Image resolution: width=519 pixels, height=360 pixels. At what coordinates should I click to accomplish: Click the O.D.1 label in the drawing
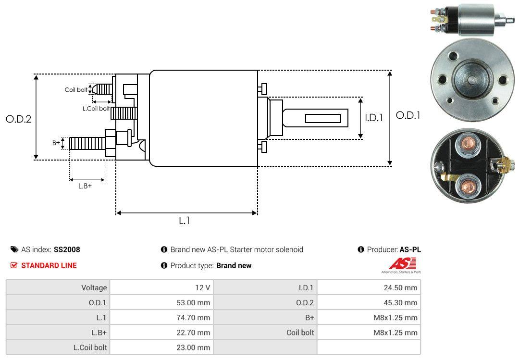[x=408, y=115]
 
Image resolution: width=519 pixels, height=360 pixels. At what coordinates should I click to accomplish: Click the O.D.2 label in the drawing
[x=18, y=119]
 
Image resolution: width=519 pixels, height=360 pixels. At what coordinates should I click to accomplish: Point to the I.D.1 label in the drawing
[x=373, y=117]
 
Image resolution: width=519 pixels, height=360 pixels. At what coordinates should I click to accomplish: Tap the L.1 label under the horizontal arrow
[x=185, y=221]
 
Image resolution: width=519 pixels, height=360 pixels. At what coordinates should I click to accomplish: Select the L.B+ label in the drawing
[x=85, y=186]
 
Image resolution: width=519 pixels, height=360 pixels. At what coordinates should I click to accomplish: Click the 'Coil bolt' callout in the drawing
[x=76, y=90]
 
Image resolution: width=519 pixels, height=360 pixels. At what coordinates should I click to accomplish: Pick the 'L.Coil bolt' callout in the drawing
[x=96, y=109]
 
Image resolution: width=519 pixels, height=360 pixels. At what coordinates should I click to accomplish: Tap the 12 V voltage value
[x=202, y=288]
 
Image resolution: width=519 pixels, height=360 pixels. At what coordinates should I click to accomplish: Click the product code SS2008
[x=67, y=249]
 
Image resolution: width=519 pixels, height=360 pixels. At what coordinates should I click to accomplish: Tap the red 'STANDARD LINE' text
[x=49, y=265]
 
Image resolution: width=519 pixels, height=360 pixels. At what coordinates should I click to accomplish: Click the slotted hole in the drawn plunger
[x=323, y=118]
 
